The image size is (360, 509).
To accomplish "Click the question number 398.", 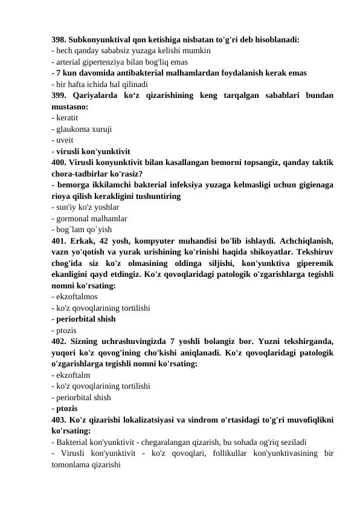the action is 59,41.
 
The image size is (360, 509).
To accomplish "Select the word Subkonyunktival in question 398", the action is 100,41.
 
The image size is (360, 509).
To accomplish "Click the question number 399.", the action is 59,95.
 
